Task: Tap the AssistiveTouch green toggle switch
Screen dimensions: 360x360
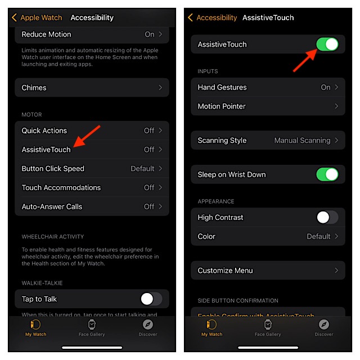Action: click(x=327, y=44)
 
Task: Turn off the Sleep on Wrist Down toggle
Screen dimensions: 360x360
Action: click(x=327, y=174)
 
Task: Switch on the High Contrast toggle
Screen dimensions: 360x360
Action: click(x=327, y=217)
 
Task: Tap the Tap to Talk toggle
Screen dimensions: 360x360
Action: click(x=151, y=299)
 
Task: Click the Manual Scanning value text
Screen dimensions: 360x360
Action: click(x=301, y=141)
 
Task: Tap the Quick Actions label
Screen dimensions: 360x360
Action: click(x=44, y=130)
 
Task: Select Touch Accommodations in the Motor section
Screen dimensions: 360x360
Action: click(x=61, y=187)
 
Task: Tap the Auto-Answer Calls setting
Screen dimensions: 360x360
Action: click(x=52, y=206)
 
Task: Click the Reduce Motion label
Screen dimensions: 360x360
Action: click(x=47, y=34)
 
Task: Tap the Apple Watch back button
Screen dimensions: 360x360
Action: click(x=37, y=17)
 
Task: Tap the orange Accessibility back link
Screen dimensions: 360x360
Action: click(x=212, y=17)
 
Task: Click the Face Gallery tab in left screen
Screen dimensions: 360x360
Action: click(x=92, y=327)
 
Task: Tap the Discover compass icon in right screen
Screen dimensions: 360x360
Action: click(x=324, y=325)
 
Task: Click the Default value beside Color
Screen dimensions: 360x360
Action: click(x=318, y=236)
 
